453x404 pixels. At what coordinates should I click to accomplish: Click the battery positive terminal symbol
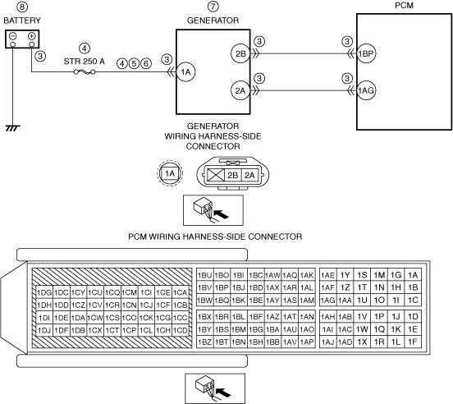(32, 36)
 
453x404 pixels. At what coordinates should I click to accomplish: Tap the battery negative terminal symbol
(12, 36)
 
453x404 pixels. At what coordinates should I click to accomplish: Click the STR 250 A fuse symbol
(85, 71)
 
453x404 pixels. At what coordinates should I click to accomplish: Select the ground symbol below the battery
(12, 128)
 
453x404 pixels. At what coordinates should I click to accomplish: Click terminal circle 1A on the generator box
(185, 72)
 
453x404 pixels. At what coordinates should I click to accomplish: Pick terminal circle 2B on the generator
(240, 53)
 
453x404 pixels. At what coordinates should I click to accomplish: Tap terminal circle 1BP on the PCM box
(366, 53)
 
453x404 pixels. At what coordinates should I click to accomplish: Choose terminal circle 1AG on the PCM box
(366, 90)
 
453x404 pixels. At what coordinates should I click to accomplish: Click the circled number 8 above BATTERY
(22, 7)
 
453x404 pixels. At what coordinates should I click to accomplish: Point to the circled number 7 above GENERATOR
(213, 7)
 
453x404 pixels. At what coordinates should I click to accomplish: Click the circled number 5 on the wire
(134, 63)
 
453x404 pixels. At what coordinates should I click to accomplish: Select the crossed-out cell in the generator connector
(216, 175)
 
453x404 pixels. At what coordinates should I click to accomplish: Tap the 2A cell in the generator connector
(249, 175)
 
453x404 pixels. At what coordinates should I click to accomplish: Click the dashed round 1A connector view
(170, 173)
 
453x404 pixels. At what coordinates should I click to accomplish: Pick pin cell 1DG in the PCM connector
(44, 293)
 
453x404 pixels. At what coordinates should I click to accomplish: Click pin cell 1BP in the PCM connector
(222, 288)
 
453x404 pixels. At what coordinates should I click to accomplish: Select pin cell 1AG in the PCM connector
(328, 301)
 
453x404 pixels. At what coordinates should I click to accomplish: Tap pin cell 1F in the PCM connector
(413, 342)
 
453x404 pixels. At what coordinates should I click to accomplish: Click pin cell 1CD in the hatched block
(181, 330)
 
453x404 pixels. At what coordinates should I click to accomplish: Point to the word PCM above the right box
(404, 5)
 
